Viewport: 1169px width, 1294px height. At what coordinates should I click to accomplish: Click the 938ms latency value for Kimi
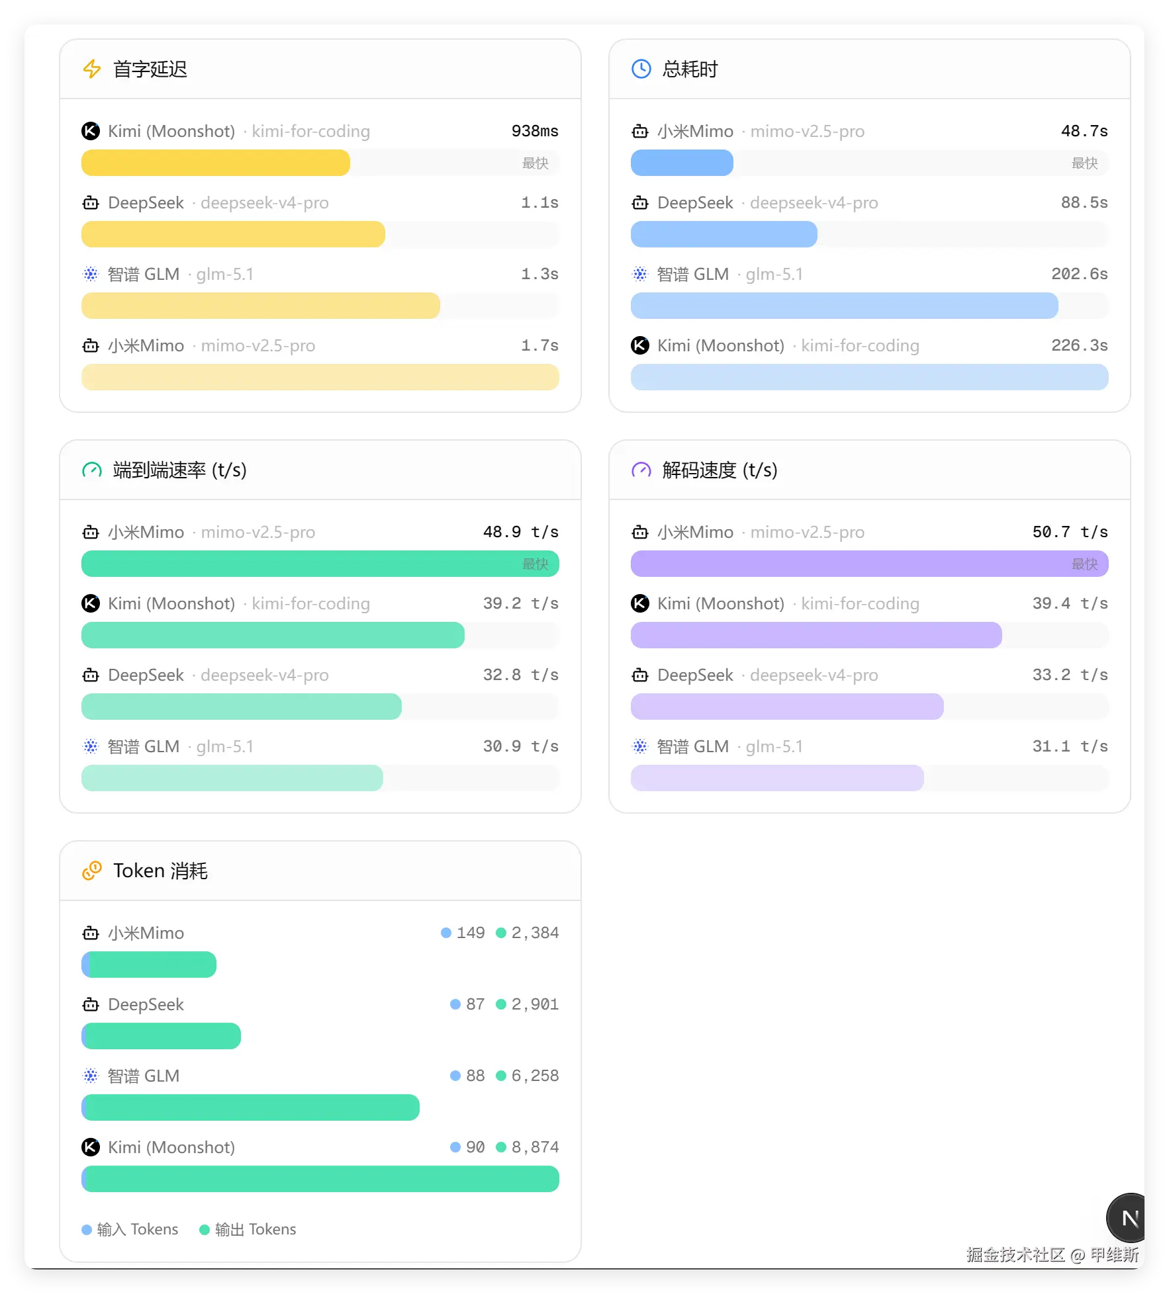coord(534,131)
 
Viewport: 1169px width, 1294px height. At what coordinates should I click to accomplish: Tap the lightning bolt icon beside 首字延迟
coord(92,69)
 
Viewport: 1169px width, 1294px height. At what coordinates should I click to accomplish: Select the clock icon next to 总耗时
coord(641,69)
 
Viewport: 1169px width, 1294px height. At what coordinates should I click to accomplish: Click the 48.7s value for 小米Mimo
coord(1084,131)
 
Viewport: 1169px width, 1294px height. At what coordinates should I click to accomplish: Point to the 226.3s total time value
coord(1079,345)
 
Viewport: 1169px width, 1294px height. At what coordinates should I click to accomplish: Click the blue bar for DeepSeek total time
coord(724,234)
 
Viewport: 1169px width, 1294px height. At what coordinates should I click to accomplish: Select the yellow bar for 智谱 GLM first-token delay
coord(260,306)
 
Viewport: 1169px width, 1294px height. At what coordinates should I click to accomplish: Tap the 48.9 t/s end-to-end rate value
coord(520,532)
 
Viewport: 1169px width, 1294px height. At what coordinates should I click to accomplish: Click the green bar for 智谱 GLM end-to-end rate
coord(232,778)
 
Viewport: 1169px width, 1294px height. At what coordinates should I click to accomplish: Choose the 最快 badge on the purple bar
coord(1084,564)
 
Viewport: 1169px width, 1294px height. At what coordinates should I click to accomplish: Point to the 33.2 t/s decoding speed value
coord(1070,675)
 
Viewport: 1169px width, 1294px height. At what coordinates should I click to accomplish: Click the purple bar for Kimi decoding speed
coord(816,635)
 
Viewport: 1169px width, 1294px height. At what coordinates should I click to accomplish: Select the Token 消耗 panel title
coord(160,871)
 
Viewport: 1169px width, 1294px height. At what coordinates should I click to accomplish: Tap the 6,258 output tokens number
coord(535,1076)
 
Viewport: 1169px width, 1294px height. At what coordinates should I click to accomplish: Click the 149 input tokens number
coord(471,933)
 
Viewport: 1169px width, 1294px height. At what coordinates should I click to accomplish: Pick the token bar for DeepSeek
coord(161,1036)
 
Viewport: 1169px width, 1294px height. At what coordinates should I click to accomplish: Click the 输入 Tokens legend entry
coord(130,1229)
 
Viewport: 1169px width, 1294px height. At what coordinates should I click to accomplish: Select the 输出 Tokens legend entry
coord(248,1229)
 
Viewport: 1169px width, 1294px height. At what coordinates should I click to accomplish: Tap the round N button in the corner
coord(1128,1218)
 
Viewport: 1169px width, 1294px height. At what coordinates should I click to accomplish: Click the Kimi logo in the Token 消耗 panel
coord(91,1147)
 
